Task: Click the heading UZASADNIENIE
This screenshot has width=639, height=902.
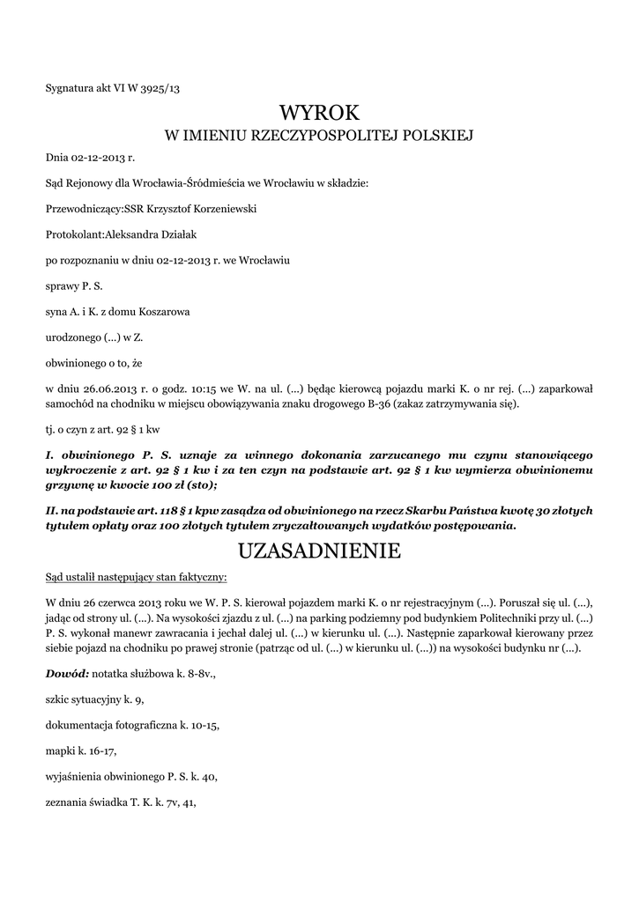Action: tap(319, 551)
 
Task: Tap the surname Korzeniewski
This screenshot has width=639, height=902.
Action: tap(225, 209)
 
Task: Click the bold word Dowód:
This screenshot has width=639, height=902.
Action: tap(67, 673)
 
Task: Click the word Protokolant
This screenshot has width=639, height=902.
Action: tap(74, 235)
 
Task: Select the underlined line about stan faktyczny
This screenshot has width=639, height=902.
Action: tap(136, 577)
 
